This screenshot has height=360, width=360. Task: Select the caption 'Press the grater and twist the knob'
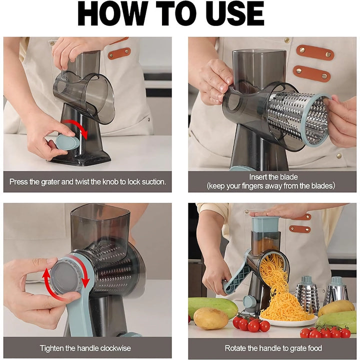click(x=87, y=181)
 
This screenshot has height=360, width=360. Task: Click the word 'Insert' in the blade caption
click(x=259, y=176)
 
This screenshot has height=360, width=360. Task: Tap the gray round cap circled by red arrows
click(x=63, y=278)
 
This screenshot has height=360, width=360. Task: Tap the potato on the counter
click(x=210, y=318)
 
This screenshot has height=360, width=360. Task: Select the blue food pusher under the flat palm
click(x=264, y=223)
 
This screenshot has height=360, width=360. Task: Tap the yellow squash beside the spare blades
click(x=336, y=307)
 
